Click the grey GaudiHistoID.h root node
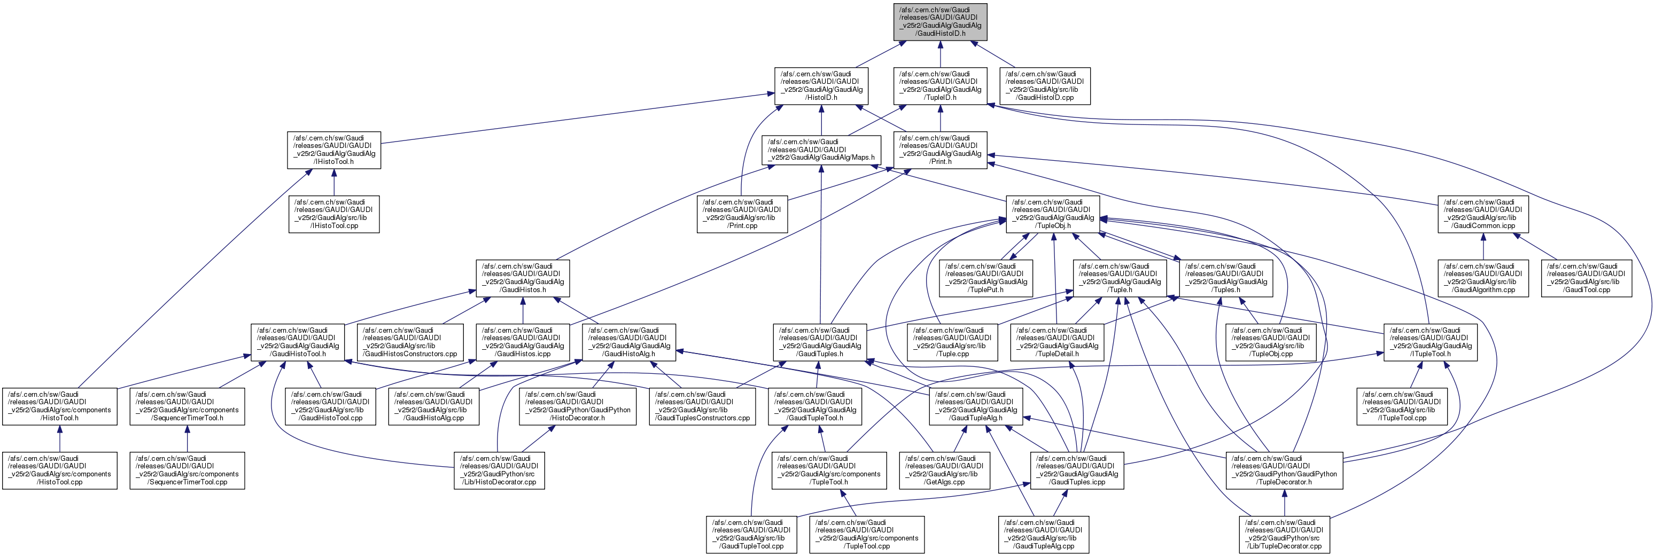pos(940,22)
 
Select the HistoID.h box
pos(821,86)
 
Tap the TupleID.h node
pos(940,86)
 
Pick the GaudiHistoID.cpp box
pos(1044,86)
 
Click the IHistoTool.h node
pos(333,150)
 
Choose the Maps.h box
pos(820,150)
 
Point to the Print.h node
pos(940,150)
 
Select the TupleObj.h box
pos(1052,214)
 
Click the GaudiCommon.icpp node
pos(1482,214)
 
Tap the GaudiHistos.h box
pos(522,279)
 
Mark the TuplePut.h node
pos(985,279)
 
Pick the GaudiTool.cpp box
pos(1586,279)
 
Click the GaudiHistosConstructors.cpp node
pos(410,343)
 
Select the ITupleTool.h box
pos(1429,343)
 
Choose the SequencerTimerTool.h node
pos(187,407)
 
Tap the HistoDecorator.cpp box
pos(499,471)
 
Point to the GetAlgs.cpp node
pos(944,471)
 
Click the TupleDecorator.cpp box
pos(1284,535)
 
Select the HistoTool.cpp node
pos(59,471)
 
